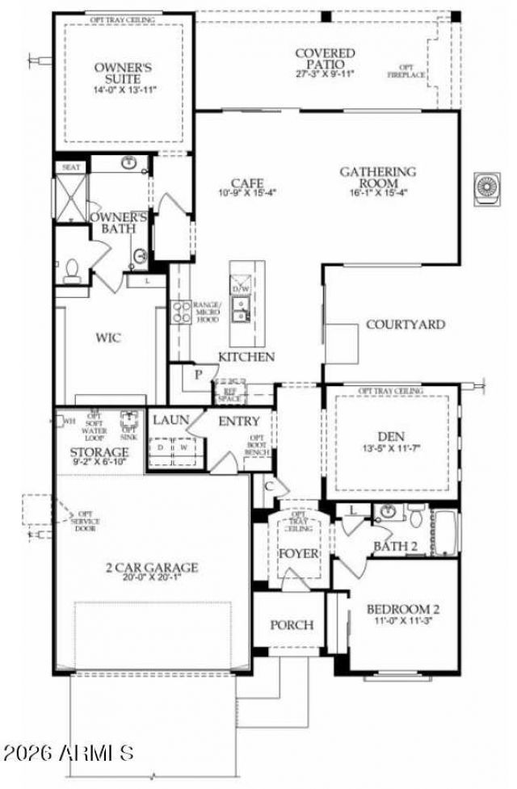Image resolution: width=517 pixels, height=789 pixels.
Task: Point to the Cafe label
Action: click(248, 183)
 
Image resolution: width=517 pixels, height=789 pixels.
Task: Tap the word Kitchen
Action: click(246, 357)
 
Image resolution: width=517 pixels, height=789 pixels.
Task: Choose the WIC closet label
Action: click(108, 338)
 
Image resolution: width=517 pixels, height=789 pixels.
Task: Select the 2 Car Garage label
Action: click(152, 568)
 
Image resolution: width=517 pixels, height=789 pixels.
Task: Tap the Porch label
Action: click(292, 625)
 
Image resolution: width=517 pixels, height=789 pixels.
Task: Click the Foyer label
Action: click(300, 555)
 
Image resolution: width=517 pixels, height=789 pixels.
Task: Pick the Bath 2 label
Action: click(395, 547)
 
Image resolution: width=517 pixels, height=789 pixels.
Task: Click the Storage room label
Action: click(99, 452)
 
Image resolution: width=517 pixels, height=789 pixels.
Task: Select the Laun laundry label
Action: click(170, 421)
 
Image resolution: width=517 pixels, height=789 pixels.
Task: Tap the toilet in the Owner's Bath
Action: click(70, 269)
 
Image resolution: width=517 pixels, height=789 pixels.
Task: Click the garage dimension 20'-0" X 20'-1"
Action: click(152, 579)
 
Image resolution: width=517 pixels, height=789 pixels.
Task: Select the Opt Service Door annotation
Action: click(86, 519)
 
